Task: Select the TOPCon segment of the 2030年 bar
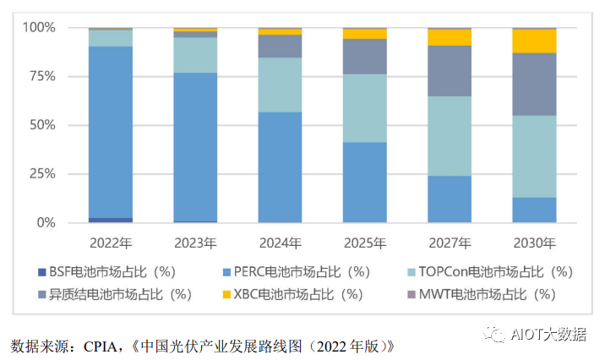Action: [x=534, y=155]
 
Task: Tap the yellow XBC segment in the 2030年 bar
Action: [x=534, y=41]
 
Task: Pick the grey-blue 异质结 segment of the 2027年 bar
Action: [x=450, y=70]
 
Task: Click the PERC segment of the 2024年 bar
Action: [x=280, y=166]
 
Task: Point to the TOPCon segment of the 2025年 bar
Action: [x=364, y=108]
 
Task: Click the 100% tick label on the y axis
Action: [x=38, y=28]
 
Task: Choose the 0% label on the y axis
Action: [x=45, y=223]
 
